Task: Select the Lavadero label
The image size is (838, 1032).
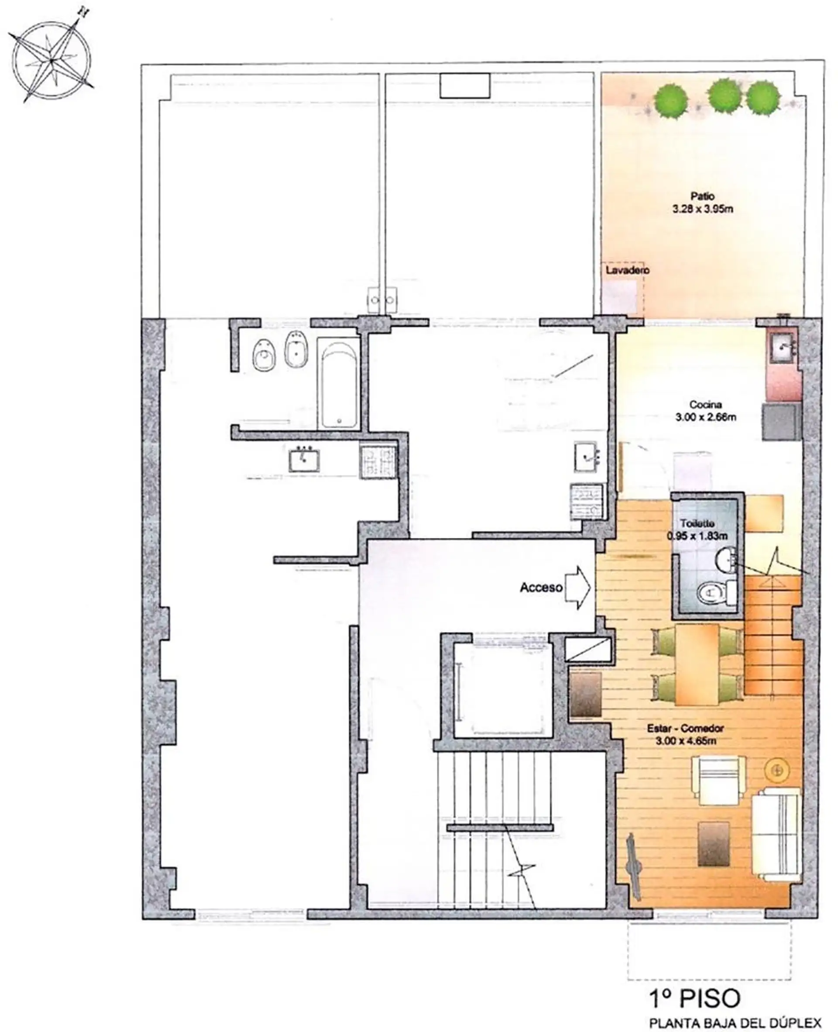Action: coord(628,270)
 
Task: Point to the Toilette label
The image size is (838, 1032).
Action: coord(697,524)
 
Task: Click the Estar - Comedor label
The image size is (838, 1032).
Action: coord(686,729)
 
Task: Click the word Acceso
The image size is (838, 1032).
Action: coord(541,587)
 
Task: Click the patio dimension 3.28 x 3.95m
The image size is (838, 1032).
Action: coord(702,209)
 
